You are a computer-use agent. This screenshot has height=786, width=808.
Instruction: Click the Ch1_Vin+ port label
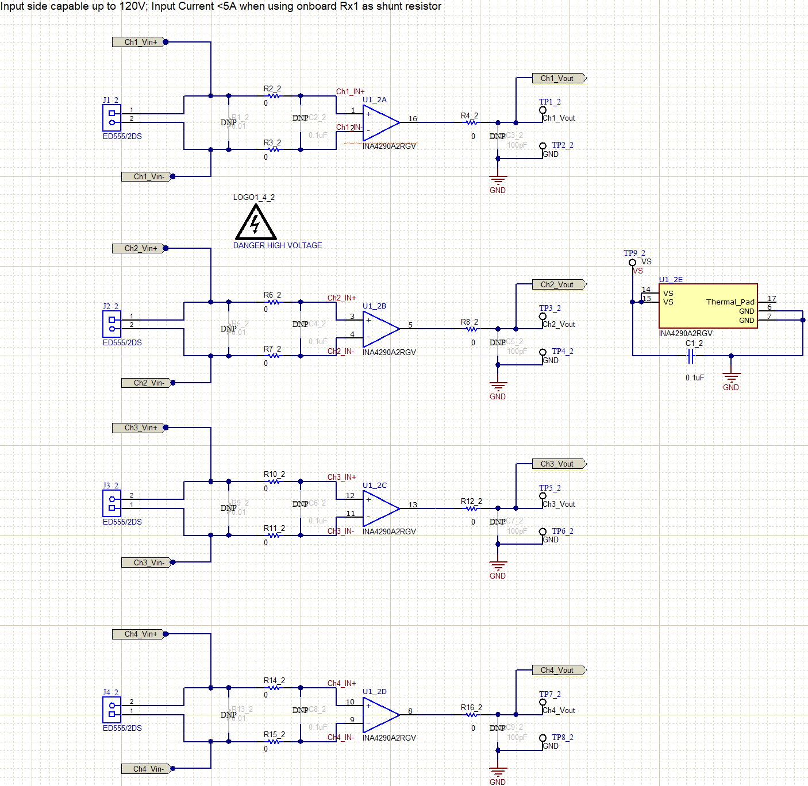coord(140,42)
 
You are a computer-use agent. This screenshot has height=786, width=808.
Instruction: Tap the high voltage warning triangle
coord(256,224)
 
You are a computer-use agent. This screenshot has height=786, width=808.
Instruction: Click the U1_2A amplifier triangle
coord(379,122)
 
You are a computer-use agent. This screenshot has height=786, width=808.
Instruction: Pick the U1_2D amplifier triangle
coord(379,715)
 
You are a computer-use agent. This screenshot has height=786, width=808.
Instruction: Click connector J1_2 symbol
coord(112,118)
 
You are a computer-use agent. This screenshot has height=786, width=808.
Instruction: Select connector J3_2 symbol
coord(112,504)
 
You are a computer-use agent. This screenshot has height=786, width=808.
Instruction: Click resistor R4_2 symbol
coord(471,122)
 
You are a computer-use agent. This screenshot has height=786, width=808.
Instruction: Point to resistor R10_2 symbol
coord(275,481)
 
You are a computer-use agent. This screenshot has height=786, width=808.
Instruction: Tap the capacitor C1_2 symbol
coord(691,356)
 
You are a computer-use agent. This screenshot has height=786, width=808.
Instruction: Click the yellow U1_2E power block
coord(708,306)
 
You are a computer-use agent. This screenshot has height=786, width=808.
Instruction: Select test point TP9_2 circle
coord(632,263)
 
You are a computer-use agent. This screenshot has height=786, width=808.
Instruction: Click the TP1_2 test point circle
coord(542,110)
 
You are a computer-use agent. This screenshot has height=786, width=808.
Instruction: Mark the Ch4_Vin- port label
coord(148,769)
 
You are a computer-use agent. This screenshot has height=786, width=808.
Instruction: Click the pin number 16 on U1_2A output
coord(413,118)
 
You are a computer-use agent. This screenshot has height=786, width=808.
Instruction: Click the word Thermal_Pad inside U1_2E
coord(730,302)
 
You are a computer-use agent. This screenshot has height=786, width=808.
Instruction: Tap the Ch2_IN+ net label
coord(341,298)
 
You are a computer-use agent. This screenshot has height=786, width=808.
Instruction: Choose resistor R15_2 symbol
coord(275,742)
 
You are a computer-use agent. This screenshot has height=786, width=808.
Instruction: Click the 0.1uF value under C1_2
coord(694,377)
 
